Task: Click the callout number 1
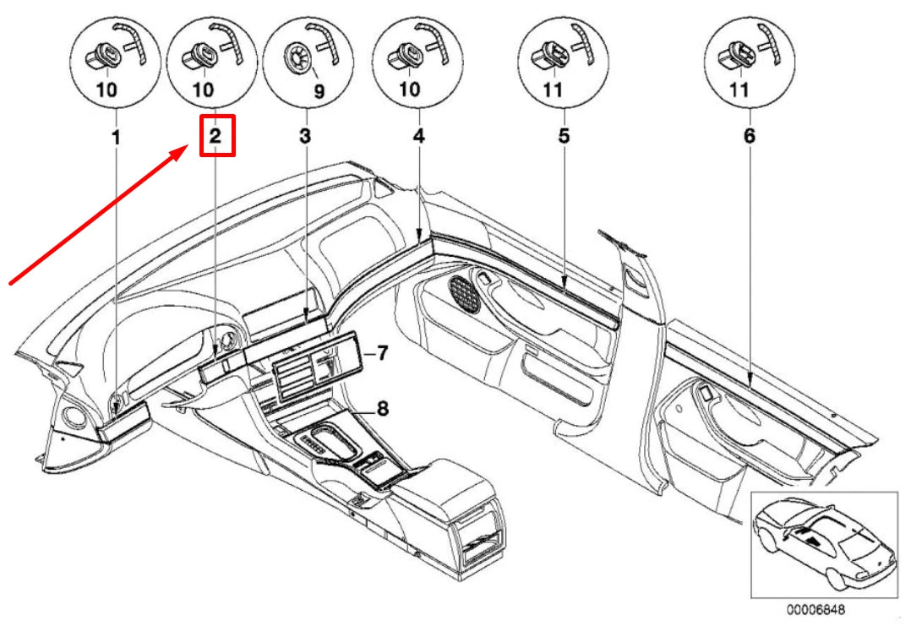(117, 138)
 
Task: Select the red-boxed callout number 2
(215, 137)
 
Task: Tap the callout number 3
(306, 137)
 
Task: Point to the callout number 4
(419, 137)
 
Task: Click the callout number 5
(565, 137)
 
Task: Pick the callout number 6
(750, 137)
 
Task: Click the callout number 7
(382, 352)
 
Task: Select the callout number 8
(382, 408)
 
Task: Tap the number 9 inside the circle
(319, 90)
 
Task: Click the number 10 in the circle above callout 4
(409, 90)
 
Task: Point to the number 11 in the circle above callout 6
(739, 90)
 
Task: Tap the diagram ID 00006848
(816, 610)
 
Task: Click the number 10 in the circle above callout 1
(106, 90)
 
